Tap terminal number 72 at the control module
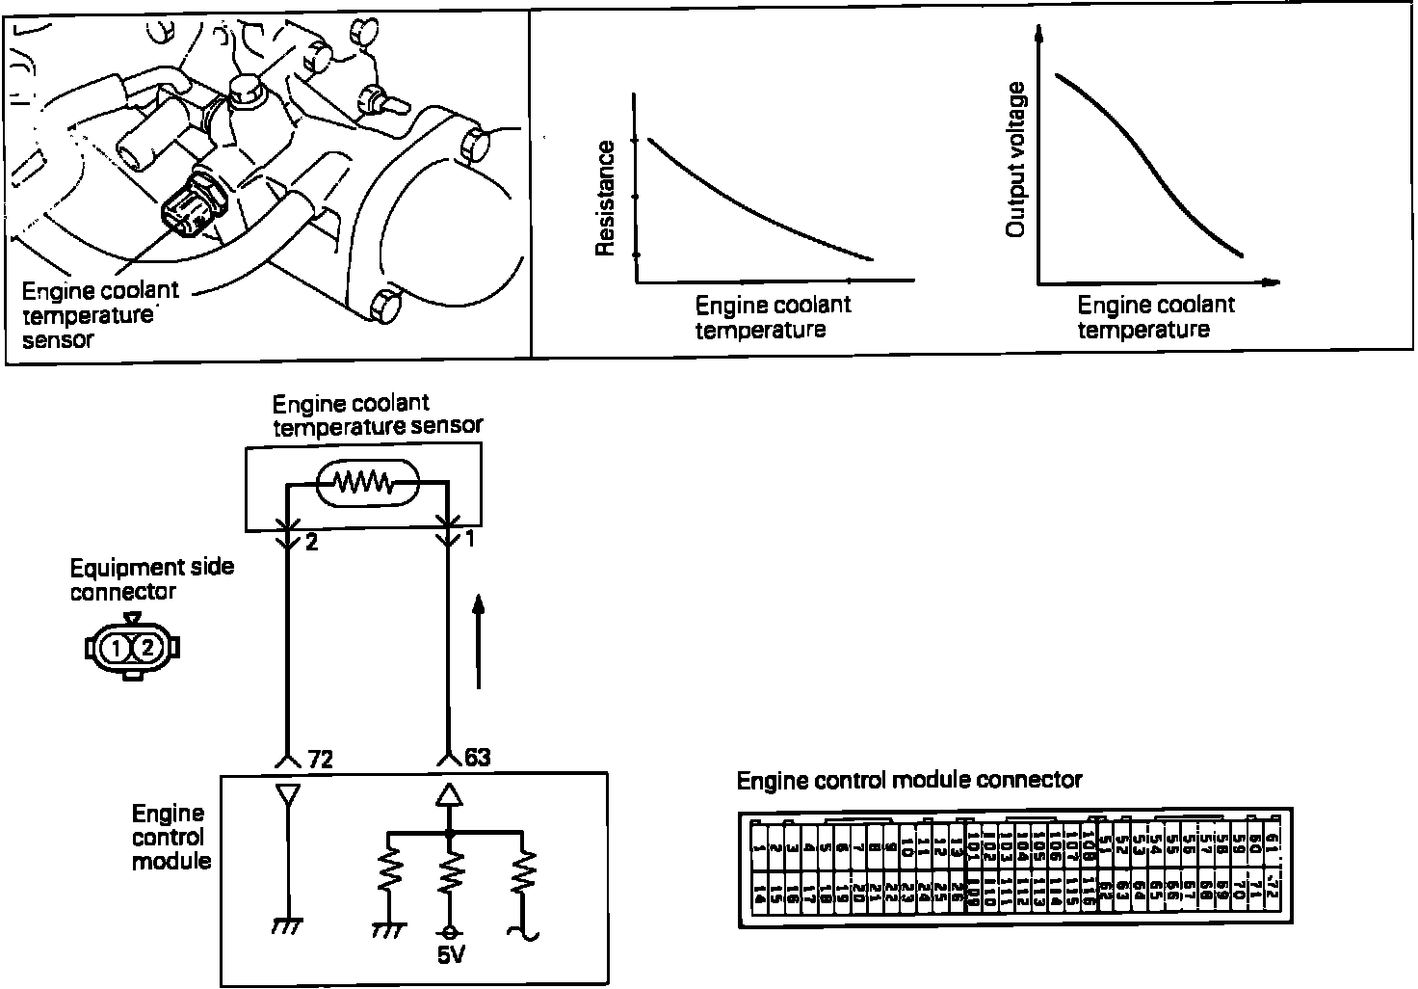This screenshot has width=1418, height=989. pos(320,760)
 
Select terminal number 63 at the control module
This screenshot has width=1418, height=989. pos(477,758)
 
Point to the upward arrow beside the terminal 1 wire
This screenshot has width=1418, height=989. pos(479,641)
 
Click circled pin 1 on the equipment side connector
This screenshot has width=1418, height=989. pos(116,649)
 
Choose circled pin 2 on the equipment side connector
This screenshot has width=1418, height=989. pos(147,649)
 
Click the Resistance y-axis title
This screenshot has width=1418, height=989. pos(605,198)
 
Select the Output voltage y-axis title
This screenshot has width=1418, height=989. pos(1014,160)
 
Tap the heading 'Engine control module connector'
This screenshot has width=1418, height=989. pos(909,780)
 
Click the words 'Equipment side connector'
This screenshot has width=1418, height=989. pos(151,578)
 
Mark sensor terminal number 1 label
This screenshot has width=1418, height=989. pos(470,540)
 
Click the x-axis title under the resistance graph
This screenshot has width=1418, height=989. pos(773,317)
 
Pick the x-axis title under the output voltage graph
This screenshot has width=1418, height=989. pos(1155,317)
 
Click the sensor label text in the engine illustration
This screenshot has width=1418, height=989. pos(99,314)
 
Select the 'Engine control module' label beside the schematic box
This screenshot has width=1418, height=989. pos(171,838)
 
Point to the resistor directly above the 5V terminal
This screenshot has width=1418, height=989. pos(448,877)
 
